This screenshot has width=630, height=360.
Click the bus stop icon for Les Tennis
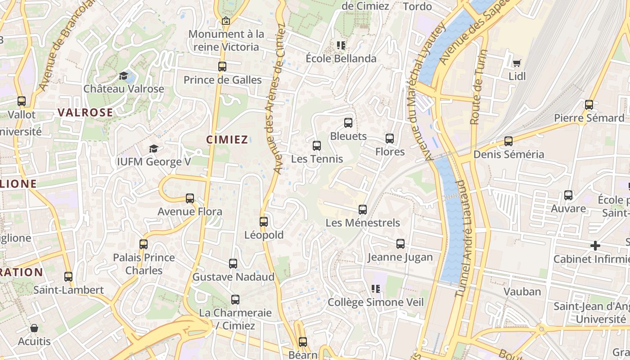tap(317, 146)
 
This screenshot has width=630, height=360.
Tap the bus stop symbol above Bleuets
tap(348, 123)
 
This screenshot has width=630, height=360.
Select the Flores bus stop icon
tap(390, 139)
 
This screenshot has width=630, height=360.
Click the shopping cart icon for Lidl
tap(517, 63)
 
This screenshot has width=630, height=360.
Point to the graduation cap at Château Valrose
tap(123, 76)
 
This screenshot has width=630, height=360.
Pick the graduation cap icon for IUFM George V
tap(153, 148)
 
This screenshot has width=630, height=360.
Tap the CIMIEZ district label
tap(227, 139)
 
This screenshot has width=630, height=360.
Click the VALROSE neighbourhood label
tap(85, 112)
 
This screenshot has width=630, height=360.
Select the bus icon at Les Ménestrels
tap(363, 210)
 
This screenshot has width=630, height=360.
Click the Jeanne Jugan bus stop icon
tap(400, 244)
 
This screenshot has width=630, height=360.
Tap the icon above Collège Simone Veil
tap(376, 289)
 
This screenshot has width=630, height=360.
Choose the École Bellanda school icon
tap(341, 45)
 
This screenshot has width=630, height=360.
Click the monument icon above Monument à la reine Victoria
tap(226, 21)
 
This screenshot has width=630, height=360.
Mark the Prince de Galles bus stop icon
tap(222, 67)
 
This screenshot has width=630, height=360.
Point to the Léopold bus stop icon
tap(264, 222)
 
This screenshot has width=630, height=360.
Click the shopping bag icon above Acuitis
tap(34, 328)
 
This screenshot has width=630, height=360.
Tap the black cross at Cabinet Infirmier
tap(595, 246)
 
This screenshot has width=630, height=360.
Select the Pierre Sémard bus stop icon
tap(589, 105)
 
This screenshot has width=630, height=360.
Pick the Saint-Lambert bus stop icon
tap(68, 277)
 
